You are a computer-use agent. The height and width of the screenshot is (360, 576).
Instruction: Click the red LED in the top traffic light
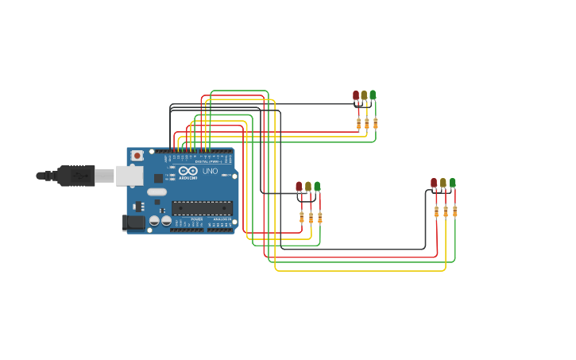point(356,96)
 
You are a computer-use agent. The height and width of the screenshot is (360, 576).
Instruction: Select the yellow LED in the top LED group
point(364,95)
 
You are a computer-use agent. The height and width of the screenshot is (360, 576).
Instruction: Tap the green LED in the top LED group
point(373,95)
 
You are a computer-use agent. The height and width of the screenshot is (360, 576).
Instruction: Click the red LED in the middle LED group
point(299,187)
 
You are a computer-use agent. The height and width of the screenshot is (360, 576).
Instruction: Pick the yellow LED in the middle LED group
point(308,187)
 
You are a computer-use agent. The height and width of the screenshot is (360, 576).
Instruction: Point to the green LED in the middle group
point(317,187)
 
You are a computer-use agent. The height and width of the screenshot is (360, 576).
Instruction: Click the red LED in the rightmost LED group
point(434,184)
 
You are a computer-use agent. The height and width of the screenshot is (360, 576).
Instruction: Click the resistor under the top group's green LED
point(376,123)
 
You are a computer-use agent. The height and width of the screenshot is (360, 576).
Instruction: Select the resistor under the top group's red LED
point(358,123)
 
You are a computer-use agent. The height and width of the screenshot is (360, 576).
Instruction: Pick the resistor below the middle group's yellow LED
point(311,217)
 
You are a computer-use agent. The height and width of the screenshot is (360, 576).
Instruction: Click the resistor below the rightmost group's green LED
point(455,211)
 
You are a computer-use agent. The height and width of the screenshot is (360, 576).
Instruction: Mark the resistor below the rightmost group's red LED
point(436,211)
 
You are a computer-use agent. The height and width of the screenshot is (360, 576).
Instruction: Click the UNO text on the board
point(211,171)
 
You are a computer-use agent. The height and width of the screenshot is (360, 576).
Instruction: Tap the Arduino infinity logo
point(188,171)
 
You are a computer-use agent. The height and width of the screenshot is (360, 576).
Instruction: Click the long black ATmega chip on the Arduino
point(202,208)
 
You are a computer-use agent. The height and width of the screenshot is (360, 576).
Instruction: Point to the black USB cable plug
point(76,175)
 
